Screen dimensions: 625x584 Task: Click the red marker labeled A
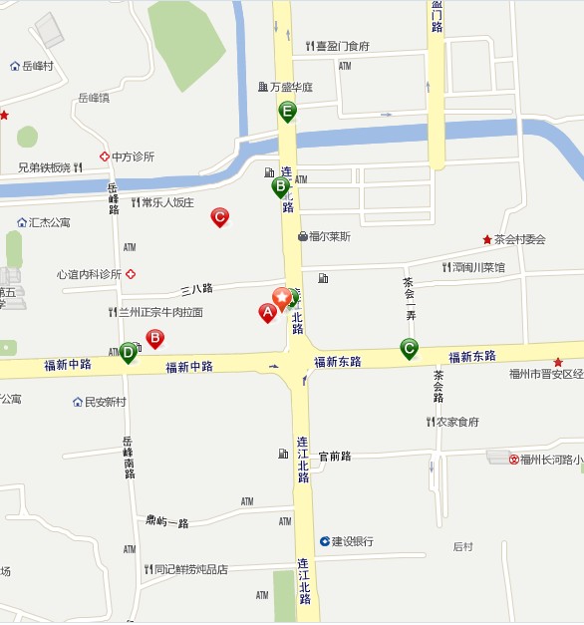tap(266, 312)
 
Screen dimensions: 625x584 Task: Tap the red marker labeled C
tap(220, 216)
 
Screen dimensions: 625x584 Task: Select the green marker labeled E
tap(287, 111)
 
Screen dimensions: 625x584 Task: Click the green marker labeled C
tap(409, 348)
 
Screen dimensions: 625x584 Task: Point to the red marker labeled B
tap(154, 339)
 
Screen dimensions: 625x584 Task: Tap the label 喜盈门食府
tap(342, 46)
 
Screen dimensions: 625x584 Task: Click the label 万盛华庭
tap(290, 87)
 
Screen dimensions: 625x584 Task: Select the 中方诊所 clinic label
tap(133, 156)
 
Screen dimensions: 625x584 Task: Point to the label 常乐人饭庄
tap(166, 202)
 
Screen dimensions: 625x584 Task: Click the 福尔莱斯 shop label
tap(329, 236)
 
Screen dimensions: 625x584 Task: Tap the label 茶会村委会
tap(519, 239)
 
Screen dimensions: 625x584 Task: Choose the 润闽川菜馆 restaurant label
tap(477, 267)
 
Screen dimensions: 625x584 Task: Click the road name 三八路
tap(196, 289)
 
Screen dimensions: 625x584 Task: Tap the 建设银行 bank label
tap(353, 541)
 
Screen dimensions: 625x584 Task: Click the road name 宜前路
tap(335, 457)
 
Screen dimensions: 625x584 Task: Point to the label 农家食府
tap(457, 422)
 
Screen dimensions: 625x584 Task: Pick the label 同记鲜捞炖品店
tap(189, 570)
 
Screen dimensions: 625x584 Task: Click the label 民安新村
tap(105, 402)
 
